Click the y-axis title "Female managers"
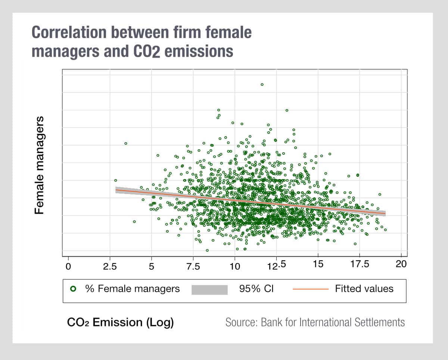[x=40, y=165]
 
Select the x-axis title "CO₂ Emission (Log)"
[x=120, y=322]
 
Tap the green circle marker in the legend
[x=73, y=289]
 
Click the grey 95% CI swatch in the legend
[x=209, y=289]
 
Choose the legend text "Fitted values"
[x=364, y=289]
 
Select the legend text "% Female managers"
[x=133, y=289]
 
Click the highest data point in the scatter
[x=262, y=84]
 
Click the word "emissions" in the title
[x=200, y=51]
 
